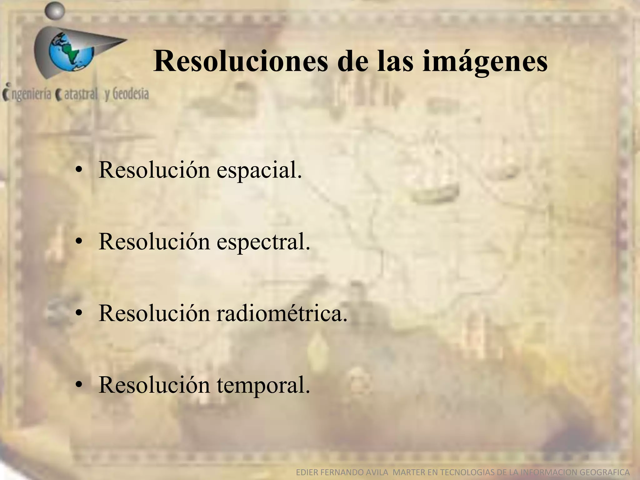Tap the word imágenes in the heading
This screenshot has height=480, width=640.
point(485,62)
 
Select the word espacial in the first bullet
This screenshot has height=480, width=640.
point(259,171)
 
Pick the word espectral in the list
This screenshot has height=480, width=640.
point(263,242)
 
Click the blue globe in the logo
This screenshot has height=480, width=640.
point(71,52)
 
